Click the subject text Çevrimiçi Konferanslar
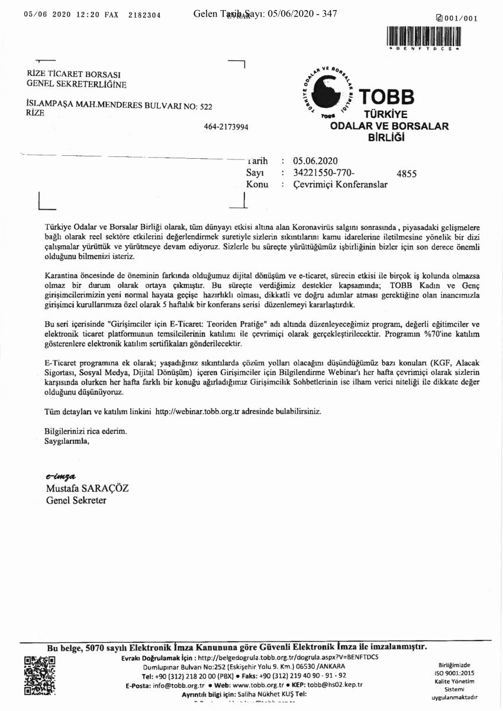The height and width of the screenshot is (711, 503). click(340, 184)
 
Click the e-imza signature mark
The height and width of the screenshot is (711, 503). click(62, 477)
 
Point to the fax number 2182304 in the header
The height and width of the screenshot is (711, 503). click(144, 15)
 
